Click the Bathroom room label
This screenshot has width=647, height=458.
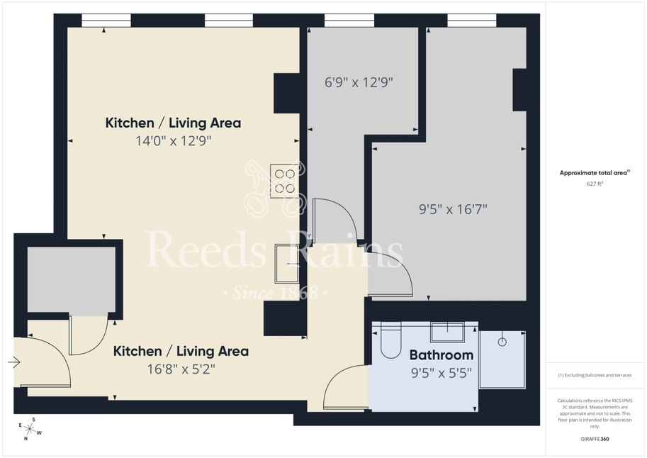tap(441, 354)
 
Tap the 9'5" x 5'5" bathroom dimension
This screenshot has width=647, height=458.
tap(441, 373)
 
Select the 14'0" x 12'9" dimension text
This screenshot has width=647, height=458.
tap(174, 141)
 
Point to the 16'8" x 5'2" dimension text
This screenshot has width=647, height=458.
tap(181, 369)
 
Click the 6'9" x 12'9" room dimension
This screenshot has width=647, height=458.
tap(359, 82)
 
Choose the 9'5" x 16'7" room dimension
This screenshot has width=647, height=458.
tap(453, 209)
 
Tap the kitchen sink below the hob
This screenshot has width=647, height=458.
tap(287, 264)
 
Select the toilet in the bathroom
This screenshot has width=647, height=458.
tap(390, 340)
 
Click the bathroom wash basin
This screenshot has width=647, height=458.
tap(448, 332)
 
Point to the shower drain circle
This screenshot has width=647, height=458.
tap(502, 342)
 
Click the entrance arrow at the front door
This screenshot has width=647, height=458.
tap(14, 362)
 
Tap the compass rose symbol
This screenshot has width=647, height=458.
tap(30, 429)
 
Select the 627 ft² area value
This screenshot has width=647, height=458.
tap(595, 184)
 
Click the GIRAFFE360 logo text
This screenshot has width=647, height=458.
tap(595, 439)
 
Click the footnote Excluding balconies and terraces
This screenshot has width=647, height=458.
tap(595, 375)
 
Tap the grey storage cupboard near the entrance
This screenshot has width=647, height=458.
tap(72, 279)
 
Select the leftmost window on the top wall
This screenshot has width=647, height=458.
tap(106, 21)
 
